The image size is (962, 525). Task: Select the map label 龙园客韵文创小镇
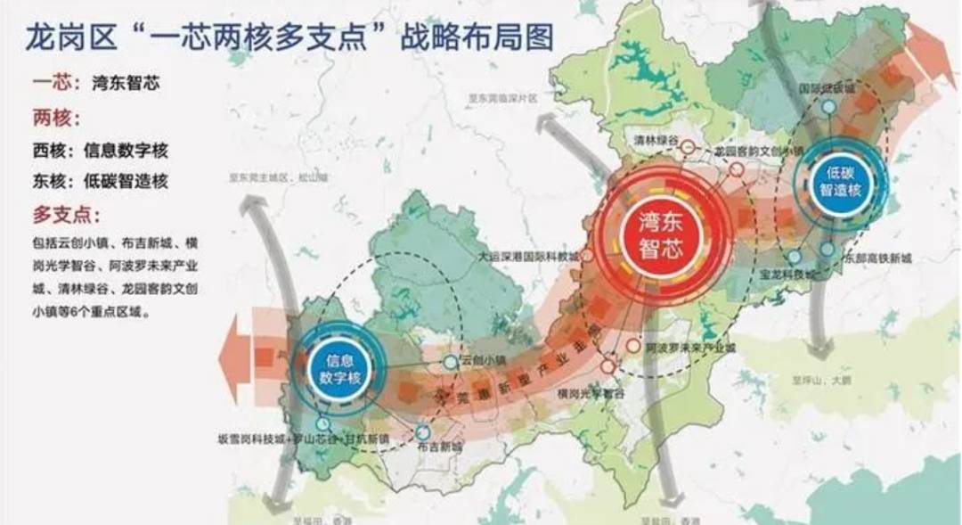[x=759, y=151]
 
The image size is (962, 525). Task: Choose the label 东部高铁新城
[x=876, y=258]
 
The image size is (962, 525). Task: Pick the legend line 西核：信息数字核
[x=99, y=151]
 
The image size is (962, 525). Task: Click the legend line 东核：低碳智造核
[x=99, y=182]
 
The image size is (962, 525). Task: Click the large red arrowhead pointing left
[x=233, y=355]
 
